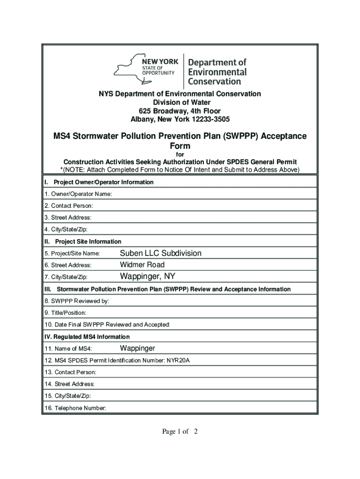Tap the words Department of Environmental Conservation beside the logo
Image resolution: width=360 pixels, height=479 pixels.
tap(217, 72)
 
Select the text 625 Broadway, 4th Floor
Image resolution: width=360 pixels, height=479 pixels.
tap(180, 111)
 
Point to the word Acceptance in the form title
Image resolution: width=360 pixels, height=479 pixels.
tap(284, 136)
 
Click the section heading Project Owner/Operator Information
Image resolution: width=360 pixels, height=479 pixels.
tap(103, 182)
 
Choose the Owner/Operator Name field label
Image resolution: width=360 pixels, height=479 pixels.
tap(78, 194)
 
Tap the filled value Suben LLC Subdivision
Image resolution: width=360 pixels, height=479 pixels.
tap(161, 253)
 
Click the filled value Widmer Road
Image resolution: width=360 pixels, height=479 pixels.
tap(142, 265)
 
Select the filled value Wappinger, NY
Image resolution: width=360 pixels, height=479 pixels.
tap(148, 276)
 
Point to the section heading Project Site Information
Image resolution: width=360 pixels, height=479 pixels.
tap(88, 241)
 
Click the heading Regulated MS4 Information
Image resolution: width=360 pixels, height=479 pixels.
tap(86, 337)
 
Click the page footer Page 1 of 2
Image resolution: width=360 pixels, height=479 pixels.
tap(180, 432)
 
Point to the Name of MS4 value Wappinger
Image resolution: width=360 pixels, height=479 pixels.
tap(137, 348)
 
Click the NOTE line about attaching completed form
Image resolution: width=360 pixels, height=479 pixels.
tap(180, 169)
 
